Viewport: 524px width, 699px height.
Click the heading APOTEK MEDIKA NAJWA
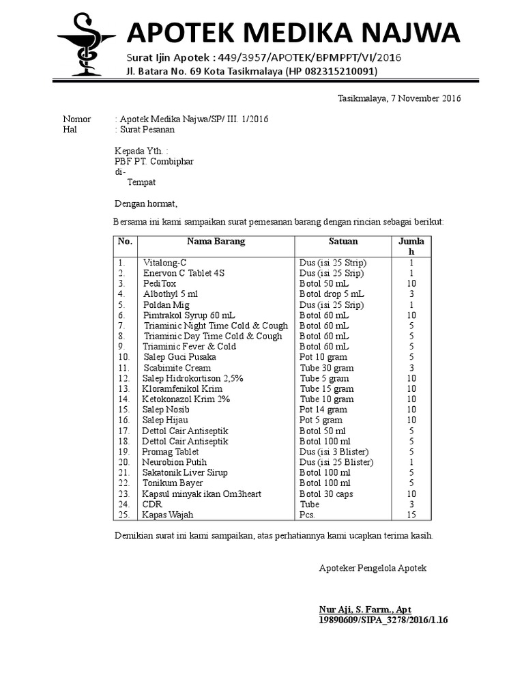point(293,32)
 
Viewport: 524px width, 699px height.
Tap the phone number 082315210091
point(337,72)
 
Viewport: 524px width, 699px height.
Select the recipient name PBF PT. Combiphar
point(150,161)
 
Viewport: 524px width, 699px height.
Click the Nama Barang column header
point(216,242)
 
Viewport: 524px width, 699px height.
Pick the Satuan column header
point(343,242)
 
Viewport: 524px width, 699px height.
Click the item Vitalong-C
point(164,263)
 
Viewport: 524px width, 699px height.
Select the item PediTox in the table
point(160,283)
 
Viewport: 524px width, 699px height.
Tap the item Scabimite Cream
point(177,368)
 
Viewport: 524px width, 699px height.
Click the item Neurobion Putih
point(174,462)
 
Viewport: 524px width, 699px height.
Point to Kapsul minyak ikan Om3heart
point(201,494)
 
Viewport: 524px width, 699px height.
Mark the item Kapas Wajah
point(167,515)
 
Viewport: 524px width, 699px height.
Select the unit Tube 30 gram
point(327,368)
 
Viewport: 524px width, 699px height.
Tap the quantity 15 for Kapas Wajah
point(411,515)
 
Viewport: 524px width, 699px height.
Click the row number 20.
point(123,462)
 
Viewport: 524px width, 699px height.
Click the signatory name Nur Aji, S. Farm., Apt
point(365,610)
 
